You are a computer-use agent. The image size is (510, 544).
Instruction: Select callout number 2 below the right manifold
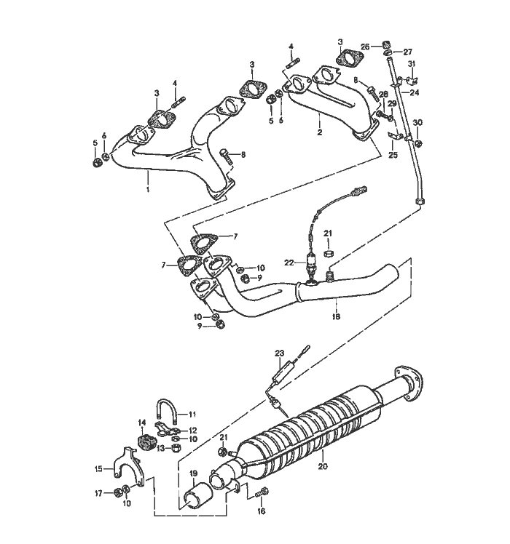(x=319, y=133)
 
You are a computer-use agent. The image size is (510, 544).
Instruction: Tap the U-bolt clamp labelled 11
(x=166, y=412)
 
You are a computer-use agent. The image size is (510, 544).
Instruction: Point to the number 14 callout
(x=143, y=422)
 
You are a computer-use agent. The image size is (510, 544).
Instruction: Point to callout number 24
(x=415, y=93)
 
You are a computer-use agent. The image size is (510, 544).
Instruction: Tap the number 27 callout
(x=408, y=52)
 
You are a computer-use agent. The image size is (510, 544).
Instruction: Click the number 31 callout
(x=412, y=64)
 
